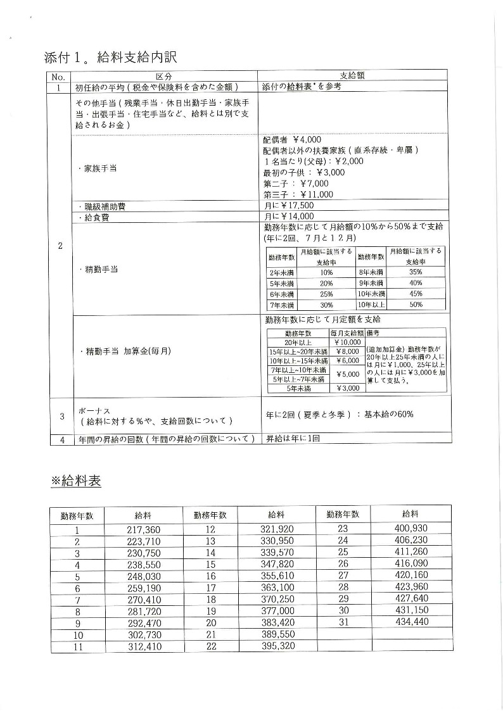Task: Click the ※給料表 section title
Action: click(x=76, y=481)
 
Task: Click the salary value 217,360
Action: click(x=144, y=530)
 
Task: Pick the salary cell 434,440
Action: click(x=411, y=622)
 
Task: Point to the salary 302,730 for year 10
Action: click(x=144, y=634)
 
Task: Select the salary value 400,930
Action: click(x=411, y=529)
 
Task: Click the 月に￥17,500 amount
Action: click(x=288, y=206)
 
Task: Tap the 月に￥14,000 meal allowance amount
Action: click(x=288, y=217)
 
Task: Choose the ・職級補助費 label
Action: click(x=99, y=206)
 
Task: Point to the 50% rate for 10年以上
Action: click(x=416, y=305)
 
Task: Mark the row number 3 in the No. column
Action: click(x=61, y=416)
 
